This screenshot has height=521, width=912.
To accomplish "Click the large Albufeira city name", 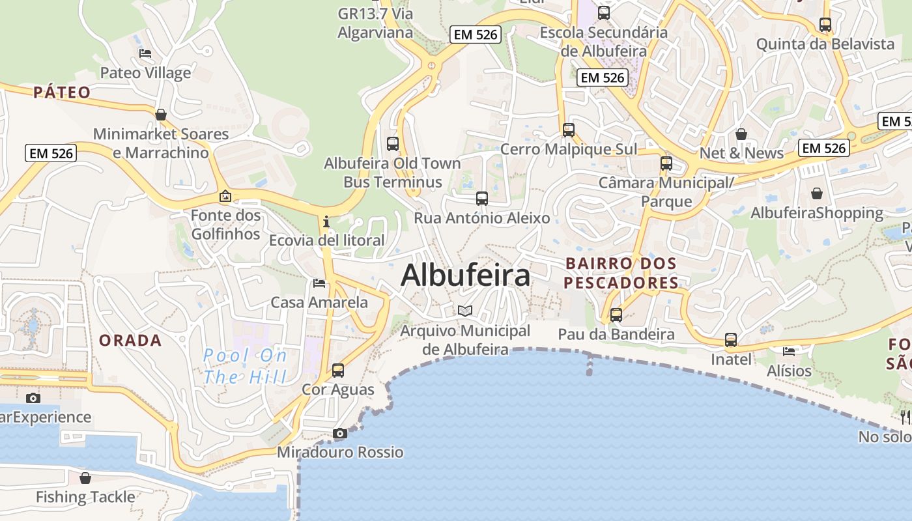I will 466,275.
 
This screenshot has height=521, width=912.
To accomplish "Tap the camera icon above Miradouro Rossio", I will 339,433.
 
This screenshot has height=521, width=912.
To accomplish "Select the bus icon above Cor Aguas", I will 338,371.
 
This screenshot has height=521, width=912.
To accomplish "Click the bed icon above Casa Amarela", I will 319,283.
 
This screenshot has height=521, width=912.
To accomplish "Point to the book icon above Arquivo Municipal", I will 464,311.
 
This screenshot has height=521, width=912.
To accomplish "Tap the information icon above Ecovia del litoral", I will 326,221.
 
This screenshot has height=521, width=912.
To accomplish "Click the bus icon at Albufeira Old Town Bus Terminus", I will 392,144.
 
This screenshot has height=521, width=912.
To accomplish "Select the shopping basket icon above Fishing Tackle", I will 85,478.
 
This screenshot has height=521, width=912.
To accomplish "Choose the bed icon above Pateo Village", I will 145,53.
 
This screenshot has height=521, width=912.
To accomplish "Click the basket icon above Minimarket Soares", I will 161,115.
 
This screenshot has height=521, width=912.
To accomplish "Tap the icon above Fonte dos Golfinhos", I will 225,195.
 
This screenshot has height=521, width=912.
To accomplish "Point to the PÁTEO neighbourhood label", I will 62,92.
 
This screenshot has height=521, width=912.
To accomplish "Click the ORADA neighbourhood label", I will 130,340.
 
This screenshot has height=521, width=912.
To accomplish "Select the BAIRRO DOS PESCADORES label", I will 621,273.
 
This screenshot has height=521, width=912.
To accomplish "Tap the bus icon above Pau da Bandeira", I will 616,315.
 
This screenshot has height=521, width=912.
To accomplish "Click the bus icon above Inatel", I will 731,340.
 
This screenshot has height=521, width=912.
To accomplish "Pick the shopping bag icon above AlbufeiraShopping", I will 817,193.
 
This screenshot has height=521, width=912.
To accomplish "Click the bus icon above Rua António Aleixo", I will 482,199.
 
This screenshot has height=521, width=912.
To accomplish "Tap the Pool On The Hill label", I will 245,366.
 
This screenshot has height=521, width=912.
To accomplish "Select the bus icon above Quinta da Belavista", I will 825,25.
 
